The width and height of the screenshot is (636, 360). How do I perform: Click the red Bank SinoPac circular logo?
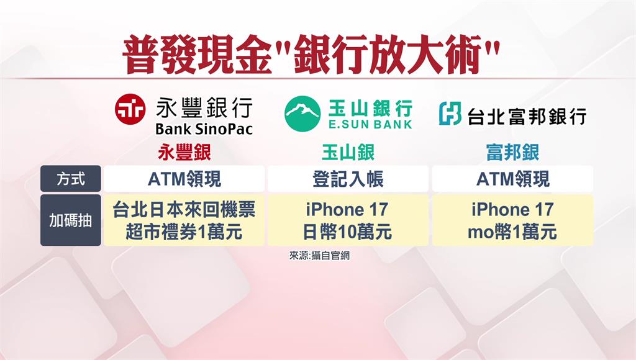point(130,109)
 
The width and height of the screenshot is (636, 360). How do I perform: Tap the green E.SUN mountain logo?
point(302,114)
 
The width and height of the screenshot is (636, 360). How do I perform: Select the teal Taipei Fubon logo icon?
point(450,113)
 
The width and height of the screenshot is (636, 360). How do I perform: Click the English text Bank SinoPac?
point(204,129)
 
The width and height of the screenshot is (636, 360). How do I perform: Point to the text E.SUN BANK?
point(370,124)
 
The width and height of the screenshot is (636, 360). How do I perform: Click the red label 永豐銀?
point(184,153)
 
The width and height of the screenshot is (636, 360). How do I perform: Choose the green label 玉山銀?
point(348,153)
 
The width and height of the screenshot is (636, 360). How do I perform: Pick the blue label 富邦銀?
point(512,153)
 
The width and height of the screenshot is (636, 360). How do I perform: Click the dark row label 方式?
point(71,178)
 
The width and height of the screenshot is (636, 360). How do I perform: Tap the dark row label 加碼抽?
point(71,220)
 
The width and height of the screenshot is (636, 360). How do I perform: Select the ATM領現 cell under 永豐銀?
point(184,179)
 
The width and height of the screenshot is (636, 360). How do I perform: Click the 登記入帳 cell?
point(348,179)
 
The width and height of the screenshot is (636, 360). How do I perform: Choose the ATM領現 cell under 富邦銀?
point(512,179)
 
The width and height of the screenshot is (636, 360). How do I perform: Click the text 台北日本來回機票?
point(184,210)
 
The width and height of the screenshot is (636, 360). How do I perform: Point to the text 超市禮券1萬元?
point(184,232)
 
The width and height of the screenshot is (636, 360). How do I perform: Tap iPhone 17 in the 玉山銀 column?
point(347,210)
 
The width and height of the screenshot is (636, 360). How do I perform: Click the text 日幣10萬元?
point(348,232)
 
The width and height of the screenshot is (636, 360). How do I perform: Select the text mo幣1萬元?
point(512,232)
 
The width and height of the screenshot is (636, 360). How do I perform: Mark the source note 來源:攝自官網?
point(319,255)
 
